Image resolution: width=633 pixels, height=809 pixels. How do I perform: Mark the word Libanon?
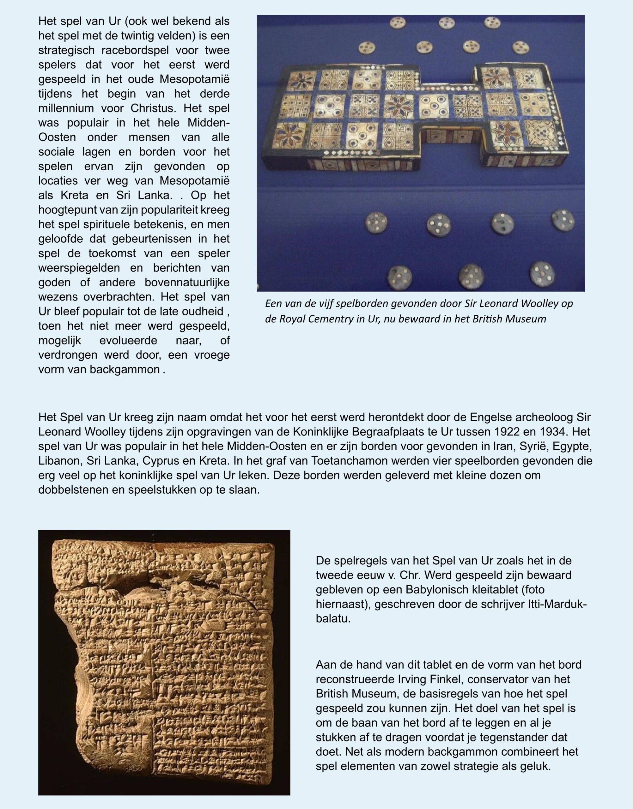point(59,461)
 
